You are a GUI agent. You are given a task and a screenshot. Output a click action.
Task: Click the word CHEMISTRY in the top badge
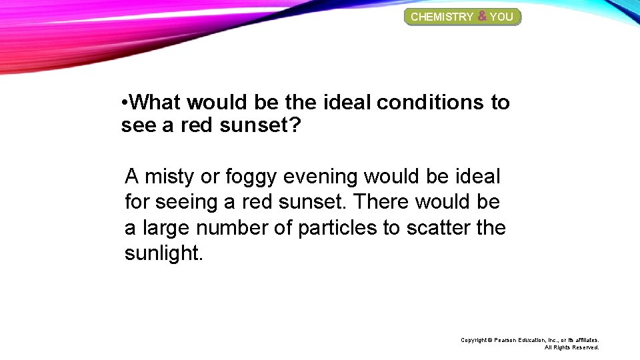click(x=442, y=17)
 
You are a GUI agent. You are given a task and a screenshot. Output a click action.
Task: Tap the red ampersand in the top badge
click(x=481, y=16)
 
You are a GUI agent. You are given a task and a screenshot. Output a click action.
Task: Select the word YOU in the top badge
click(x=501, y=17)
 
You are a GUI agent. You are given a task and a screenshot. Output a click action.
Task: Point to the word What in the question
click(x=156, y=103)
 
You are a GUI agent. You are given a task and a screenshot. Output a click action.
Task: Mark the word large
click(x=163, y=229)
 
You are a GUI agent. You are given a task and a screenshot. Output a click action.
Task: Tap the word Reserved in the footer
click(x=585, y=347)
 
